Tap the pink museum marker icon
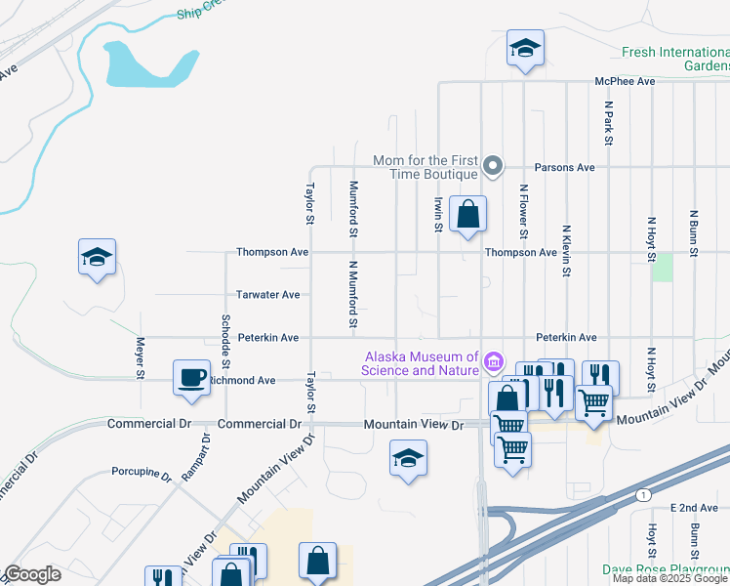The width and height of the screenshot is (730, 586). pyautogui.click(x=494, y=364)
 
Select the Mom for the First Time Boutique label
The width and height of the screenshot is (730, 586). pyautogui.click(x=426, y=167)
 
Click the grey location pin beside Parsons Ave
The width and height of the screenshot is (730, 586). pyautogui.click(x=494, y=166)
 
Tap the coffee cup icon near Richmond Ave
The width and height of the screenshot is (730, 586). pyautogui.click(x=191, y=377)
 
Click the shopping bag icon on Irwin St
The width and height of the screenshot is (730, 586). pyautogui.click(x=468, y=213)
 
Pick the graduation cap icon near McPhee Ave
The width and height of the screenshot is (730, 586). pyautogui.click(x=525, y=48)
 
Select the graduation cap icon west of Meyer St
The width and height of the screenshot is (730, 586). pyautogui.click(x=97, y=257)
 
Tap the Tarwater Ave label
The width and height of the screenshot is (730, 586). pyautogui.click(x=267, y=294)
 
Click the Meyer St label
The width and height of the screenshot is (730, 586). pyautogui.click(x=141, y=358)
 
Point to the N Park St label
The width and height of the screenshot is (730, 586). pyautogui.click(x=608, y=121)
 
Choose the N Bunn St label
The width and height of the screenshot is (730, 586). pyautogui.click(x=694, y=232)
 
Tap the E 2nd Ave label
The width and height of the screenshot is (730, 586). pyautogui.click(x=694, y=509)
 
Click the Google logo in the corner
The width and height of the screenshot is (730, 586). pyautogui.click(x=32, y=574)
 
